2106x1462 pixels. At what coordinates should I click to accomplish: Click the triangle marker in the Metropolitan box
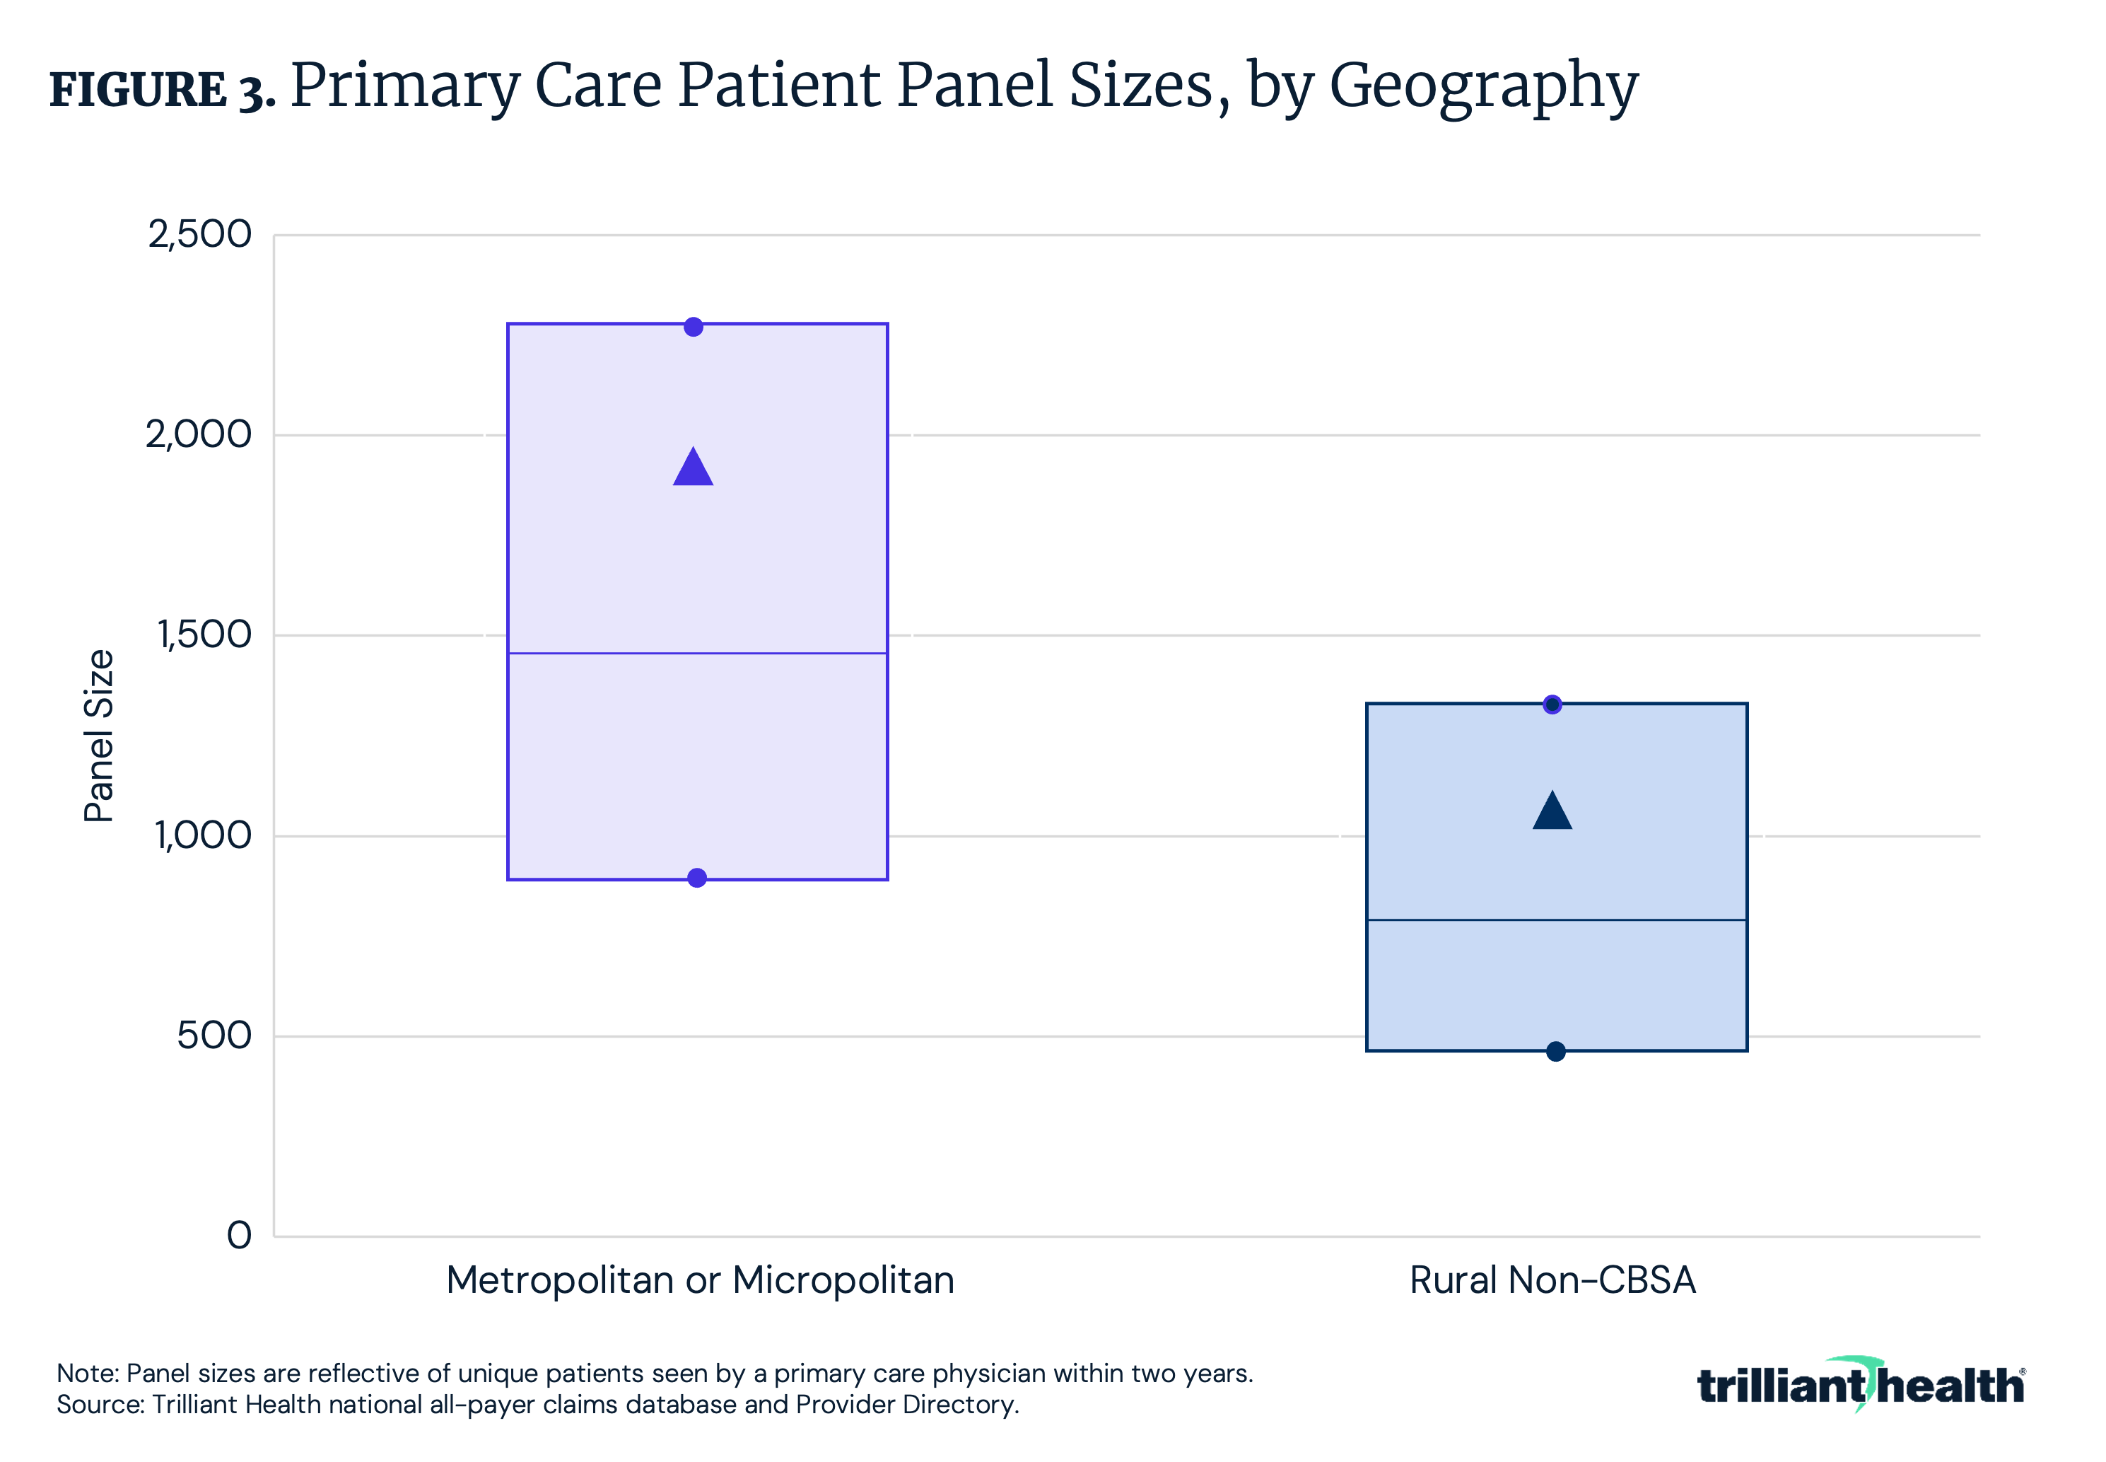[x=693, y=469]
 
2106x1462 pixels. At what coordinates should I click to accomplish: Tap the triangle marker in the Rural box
[x=1552, y=813]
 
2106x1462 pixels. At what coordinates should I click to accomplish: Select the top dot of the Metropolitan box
[x=693, y=327]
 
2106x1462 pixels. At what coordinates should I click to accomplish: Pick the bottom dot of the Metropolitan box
[x=697, y=878]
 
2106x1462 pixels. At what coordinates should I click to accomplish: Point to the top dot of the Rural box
[x=1552, y=704]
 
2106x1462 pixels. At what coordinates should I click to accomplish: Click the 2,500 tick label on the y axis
[x=199, y=235]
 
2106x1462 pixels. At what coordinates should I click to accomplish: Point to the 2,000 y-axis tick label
[x=199, y=434]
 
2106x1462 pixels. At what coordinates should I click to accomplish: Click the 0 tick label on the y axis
[x=239, y=1235]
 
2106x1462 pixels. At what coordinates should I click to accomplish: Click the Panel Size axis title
[x=99, y=736]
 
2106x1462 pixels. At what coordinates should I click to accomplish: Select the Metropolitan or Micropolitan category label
[x=700, y=1280]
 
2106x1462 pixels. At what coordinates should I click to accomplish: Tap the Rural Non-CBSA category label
[x=1552, y=1280]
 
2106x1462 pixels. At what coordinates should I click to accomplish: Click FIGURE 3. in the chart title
[x=162, y=90]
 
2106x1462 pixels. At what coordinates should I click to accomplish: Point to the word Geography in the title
[x=1483, y=87]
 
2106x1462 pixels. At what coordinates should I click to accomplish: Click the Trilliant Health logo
[x=1861, y=1384]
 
